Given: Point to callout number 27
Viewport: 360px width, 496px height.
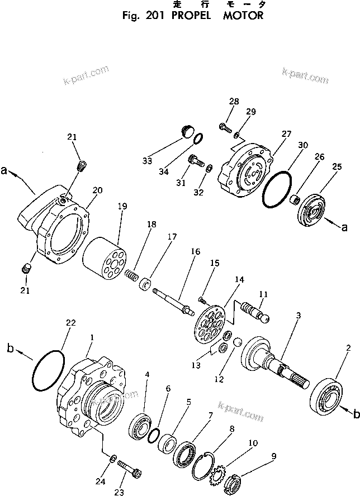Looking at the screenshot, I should (x=286, y=134).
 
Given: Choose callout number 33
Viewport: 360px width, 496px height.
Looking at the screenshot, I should (x=147, y=161).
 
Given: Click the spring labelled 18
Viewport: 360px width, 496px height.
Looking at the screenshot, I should (x=132, y=276).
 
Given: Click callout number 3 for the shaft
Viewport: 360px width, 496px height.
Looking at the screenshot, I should (x=299, y=316).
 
